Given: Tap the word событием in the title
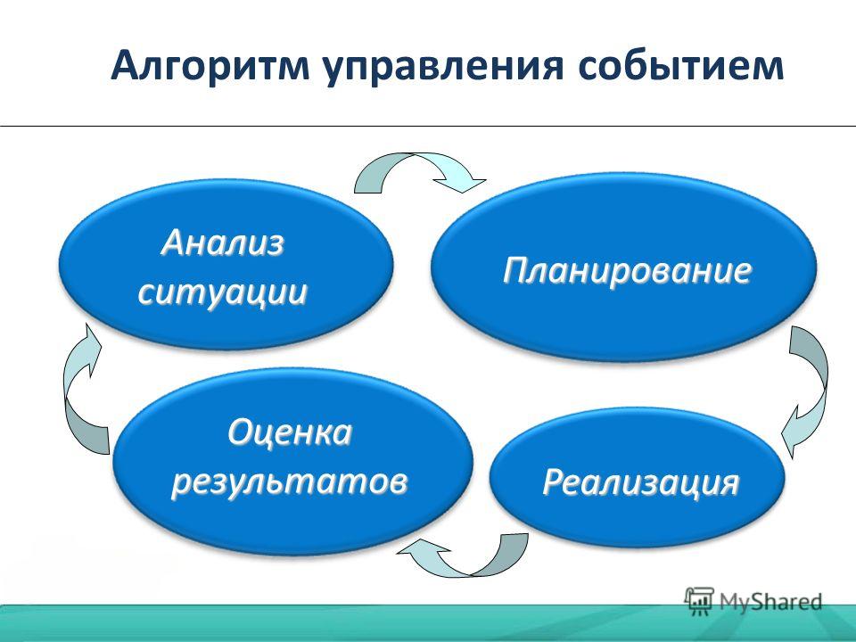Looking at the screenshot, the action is click(680, 65).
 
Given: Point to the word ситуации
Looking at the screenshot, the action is click(223, 292).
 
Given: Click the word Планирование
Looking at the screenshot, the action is click(627, 271).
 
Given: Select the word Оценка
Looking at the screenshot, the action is click(290, 433).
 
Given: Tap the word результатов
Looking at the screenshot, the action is click(289, 482).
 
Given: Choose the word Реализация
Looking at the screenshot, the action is click(641, 482).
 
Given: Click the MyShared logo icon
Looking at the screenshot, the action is click(699, 601).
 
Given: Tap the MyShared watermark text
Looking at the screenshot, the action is click(770, 602).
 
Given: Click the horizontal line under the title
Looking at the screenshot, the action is click(428, 126).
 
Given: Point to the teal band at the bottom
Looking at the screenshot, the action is click(428, 623).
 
